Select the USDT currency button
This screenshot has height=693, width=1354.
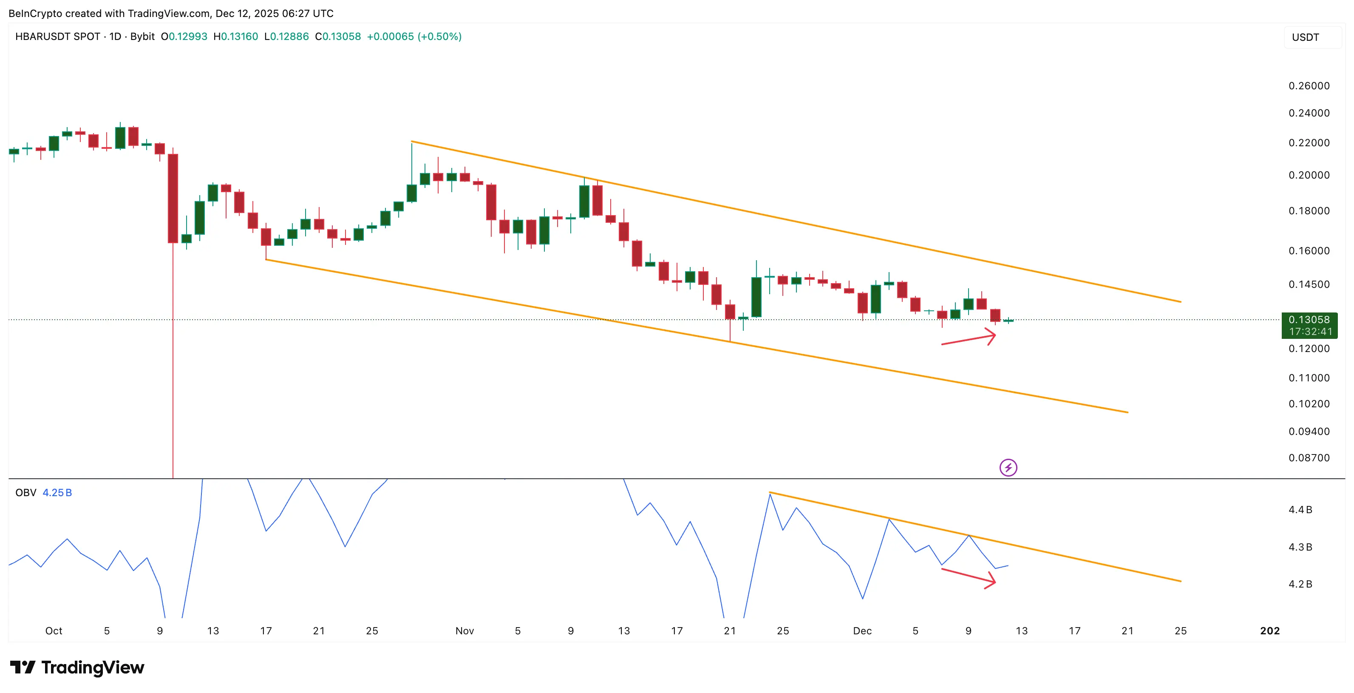click(x=1305, y=37)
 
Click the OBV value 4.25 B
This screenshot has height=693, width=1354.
click(x=57, y=493)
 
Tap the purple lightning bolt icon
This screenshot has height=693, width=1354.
click(x=1008, y=467)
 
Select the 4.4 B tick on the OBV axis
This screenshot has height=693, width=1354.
click(x=1300, y=509)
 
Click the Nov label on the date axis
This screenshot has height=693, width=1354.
click(x=464, y=631)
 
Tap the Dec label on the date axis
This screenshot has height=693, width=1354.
click(x=862, y=631)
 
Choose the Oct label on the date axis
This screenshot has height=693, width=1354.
click(x=54, y=631)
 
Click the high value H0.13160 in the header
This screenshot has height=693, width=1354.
click(x=235, y=36)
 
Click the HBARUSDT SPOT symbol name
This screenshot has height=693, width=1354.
click(x=57, y=36)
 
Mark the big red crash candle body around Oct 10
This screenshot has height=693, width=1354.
click(x=173, y=198)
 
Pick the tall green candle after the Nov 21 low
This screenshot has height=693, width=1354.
click(x=756, y=297)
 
